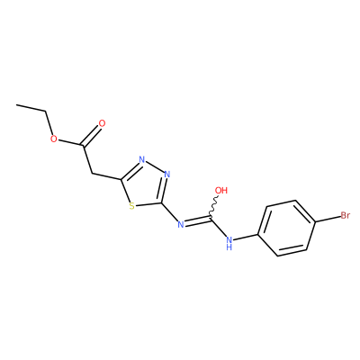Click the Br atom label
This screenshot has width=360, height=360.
tap(345, 215)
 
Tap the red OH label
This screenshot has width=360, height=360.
tap(221, 190)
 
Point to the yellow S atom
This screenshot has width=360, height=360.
tap(131, 206)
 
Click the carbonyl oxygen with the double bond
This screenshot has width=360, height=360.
tap(103, 123)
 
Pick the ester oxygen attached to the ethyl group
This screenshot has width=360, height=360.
tap(54, 139)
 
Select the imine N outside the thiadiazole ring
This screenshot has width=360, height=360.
tap(180, 224)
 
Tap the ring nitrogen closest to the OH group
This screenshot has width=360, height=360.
tap(167, 175)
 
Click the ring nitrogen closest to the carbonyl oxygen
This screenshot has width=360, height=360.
tap(142, 159)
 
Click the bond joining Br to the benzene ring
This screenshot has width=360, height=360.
tap(328, 220)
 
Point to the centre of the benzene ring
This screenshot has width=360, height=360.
tap(286, 228)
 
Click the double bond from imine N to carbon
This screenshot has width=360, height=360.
tap(197, 220)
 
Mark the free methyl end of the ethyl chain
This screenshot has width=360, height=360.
tap(17, 105)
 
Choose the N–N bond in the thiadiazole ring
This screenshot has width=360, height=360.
tap(155, 166)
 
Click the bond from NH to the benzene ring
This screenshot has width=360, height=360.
tap(247, 237)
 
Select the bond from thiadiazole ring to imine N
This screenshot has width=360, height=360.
tap(169, 211)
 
